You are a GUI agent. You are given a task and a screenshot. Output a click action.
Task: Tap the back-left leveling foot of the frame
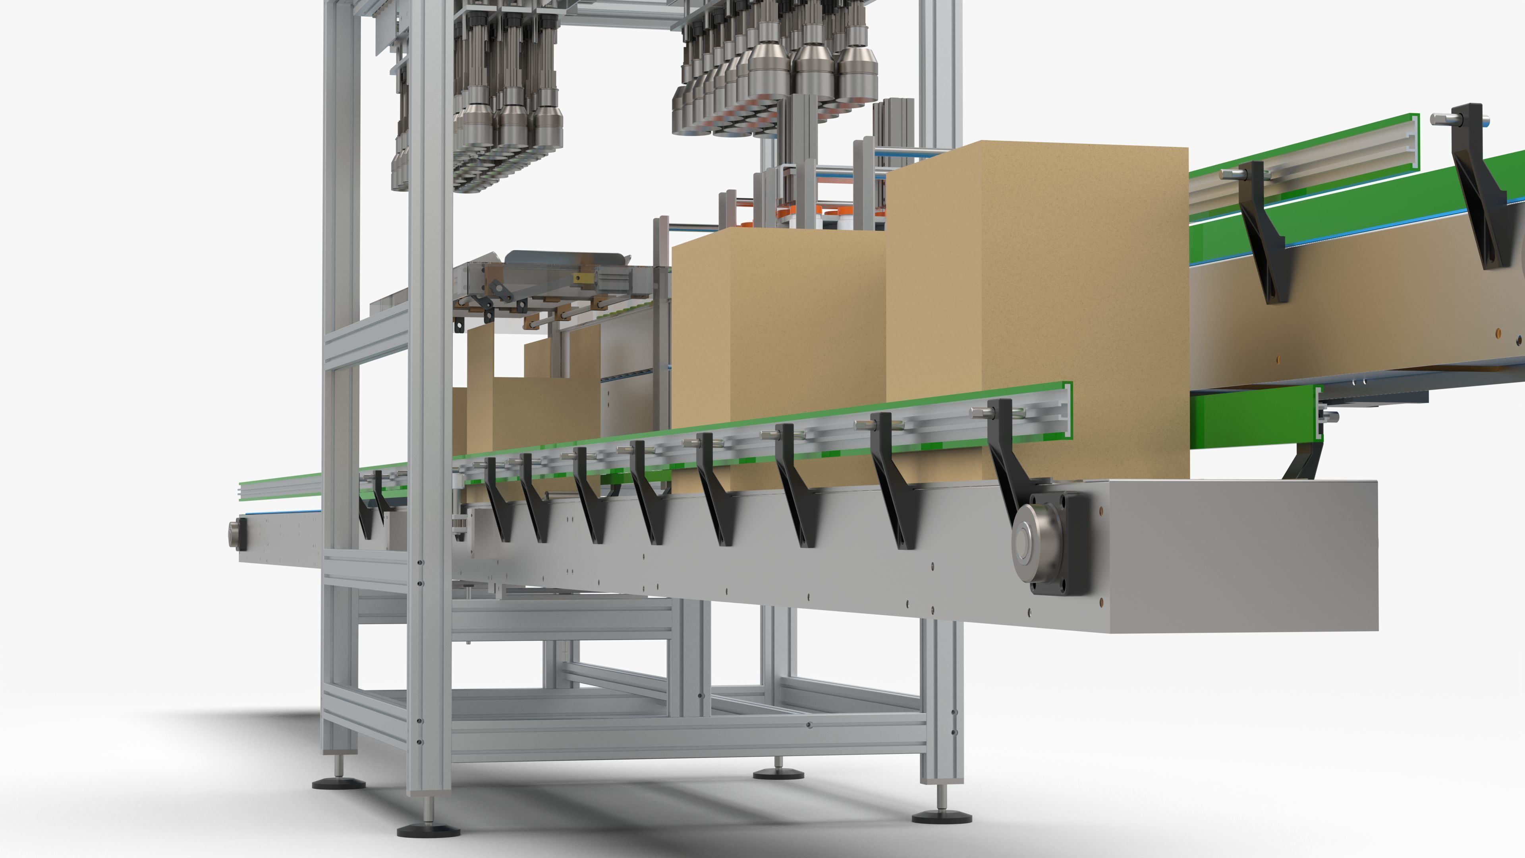pyautogui.click(x=339, y=782)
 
